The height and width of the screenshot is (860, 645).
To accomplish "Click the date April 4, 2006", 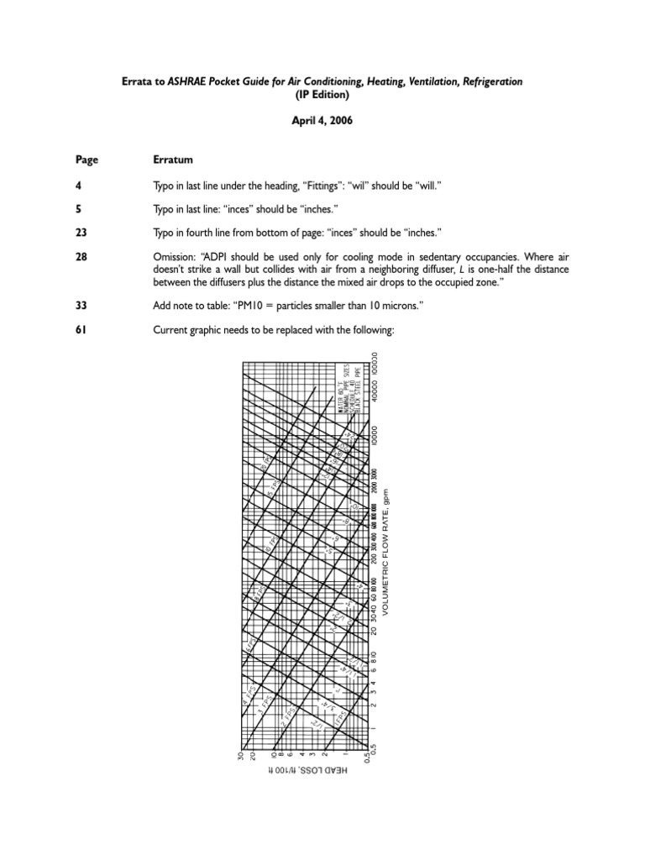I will coord(322,120).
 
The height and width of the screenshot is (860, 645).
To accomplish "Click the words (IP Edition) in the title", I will coord(322,95).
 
